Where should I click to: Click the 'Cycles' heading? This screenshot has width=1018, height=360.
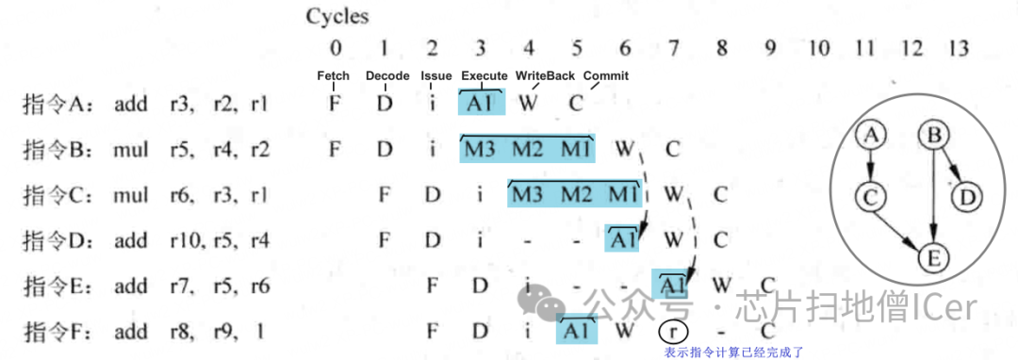pyautogui.click(x=337, y=16)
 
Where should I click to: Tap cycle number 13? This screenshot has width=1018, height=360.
pyautogui.click(x=958, y=48)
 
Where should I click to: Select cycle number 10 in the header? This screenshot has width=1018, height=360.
pyautogui.click(x=819, y=48)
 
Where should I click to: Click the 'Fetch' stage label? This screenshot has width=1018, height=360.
pyautogui.click(x=333, y=75)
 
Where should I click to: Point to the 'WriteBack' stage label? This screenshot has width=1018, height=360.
pyautogui.click(x=545, y=75)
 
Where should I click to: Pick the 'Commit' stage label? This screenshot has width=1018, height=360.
pyautogui.click(x=605, y=75)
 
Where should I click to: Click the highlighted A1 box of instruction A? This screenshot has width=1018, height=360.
pyautogui.click(x=481, y=103)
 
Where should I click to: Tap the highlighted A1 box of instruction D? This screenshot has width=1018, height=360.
pyautogui.click(x=624, y=239)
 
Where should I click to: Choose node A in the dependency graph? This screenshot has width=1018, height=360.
pyautogui.click(x=872, y=138)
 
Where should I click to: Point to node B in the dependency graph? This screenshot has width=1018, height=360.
pyautogui.click(x=934, y=138)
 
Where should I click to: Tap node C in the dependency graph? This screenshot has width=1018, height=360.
pyautogui.click(x=872, y=197)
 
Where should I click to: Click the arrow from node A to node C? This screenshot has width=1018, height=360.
pyautogui.click(x=872, y=167)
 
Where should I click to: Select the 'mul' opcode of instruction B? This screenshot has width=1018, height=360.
pyautogui.click(x=130, y=149)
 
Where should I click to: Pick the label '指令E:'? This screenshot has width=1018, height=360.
pyautogui.click(x=55, y=286)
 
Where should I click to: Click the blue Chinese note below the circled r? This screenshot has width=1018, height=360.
pyautogui.click(x=733, y=352)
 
